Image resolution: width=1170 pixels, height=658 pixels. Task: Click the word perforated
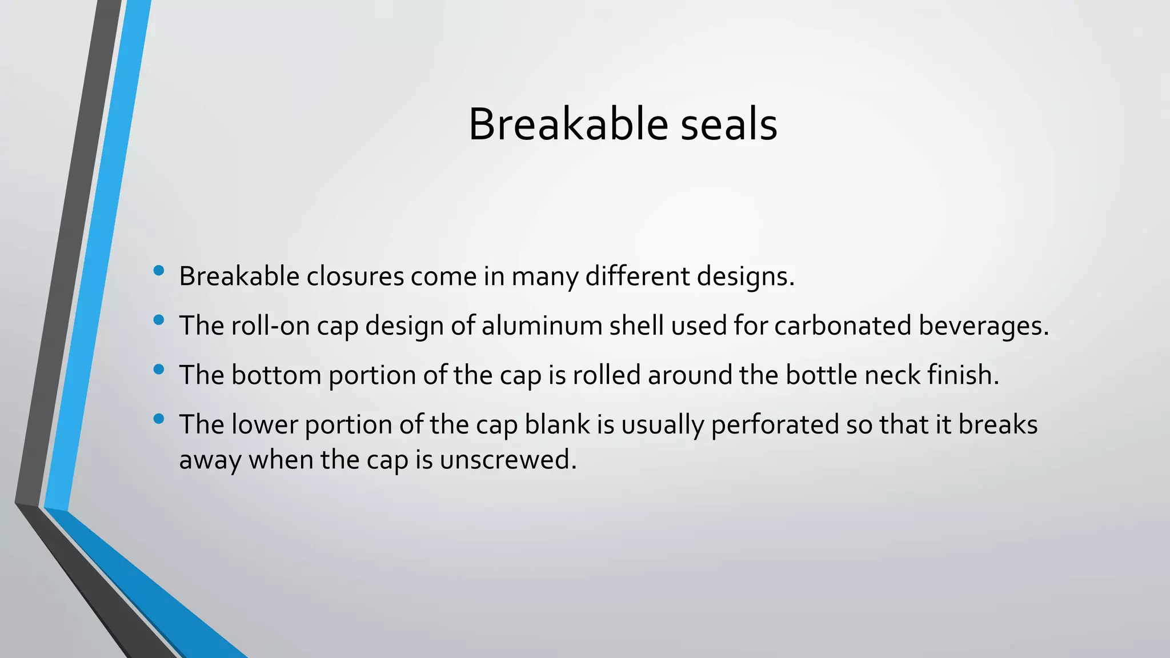point(775,425)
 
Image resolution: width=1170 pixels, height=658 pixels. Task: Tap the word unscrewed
point(508,460)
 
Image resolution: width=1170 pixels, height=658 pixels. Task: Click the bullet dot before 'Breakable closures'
point(159,270)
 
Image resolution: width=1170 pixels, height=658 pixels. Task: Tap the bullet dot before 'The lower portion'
point(159,419)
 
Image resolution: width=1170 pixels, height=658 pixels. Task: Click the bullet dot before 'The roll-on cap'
point(159,320)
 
